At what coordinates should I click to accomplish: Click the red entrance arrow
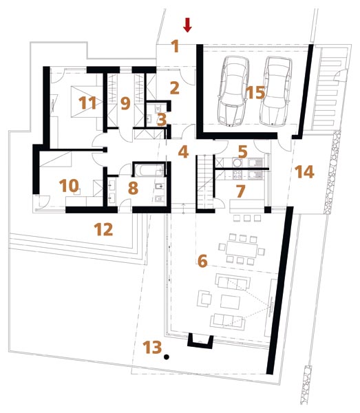(x=187, y=25)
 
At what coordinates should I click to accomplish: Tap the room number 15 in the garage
(x=255, y=92)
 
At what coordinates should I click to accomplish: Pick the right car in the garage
(x=275, y=91)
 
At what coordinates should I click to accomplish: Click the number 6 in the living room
(x=202, y=261)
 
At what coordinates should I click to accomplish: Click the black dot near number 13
(x=167, y=357)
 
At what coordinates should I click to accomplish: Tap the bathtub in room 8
(x=148, y=171)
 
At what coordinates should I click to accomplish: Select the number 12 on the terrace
(x=104, y=229)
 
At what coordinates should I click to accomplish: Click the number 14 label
(x=304, y=171)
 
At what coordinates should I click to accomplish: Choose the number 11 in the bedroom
(x=87, y=103)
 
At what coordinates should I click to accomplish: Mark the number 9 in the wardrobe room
(x=125, y=103)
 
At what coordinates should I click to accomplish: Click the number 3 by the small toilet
(x=162, y=120)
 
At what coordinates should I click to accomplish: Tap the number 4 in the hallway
(x=183, y=152)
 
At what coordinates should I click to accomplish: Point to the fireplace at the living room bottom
(x=200, y=341)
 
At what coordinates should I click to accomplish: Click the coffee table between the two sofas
(x=230, y=302)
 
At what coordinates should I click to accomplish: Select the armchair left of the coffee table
(x=204, y=299)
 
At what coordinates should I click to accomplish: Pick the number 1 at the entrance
(x=176, y=46)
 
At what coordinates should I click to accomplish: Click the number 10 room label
(x=69, y=185)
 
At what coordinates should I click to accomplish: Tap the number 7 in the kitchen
(x=241, y=191)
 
